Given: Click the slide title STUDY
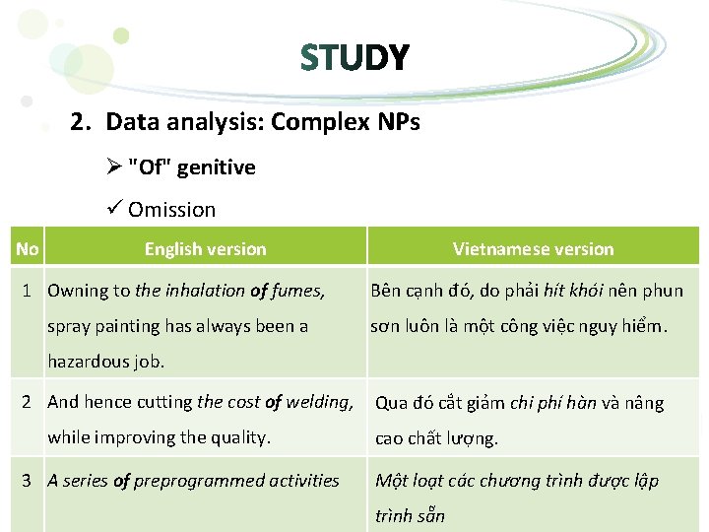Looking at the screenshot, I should [x=354, y=59].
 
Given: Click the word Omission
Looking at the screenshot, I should [x=171, y=209].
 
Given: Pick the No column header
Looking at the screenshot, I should [x=28, y=249].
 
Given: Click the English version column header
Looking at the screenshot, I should [x=205, y=249].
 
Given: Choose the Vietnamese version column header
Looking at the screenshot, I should [x=533, y=249].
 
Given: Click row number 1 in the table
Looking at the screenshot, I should [x=30, y=291].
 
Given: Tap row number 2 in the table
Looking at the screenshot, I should [x=30, y=402].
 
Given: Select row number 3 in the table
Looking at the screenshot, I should [x=30, y=481].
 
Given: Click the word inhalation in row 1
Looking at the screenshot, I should [x=203, y=291].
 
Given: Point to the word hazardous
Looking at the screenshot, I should [x=84, y=362].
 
